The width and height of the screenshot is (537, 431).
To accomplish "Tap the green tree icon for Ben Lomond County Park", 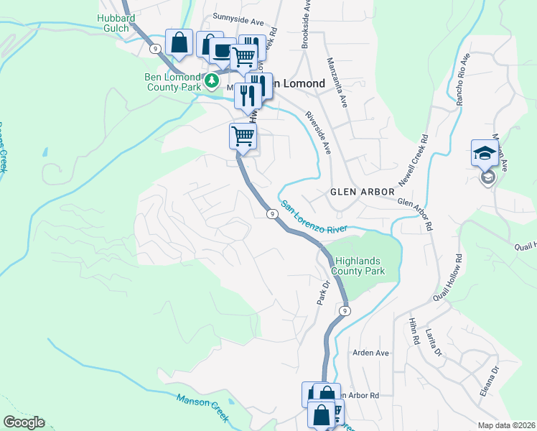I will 212,80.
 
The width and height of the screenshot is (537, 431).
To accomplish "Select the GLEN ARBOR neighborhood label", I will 362,192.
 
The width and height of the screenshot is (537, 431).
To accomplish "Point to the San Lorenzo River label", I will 314,217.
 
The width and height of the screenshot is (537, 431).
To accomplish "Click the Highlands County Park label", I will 358,266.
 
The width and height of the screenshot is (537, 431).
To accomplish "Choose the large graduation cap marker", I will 485,153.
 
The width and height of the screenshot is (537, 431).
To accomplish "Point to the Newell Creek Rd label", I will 414,159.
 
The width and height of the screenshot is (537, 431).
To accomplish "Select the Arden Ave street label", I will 370,353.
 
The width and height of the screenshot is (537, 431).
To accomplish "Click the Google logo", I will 24,422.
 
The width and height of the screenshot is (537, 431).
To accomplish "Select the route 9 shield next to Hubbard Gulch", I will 155,48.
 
